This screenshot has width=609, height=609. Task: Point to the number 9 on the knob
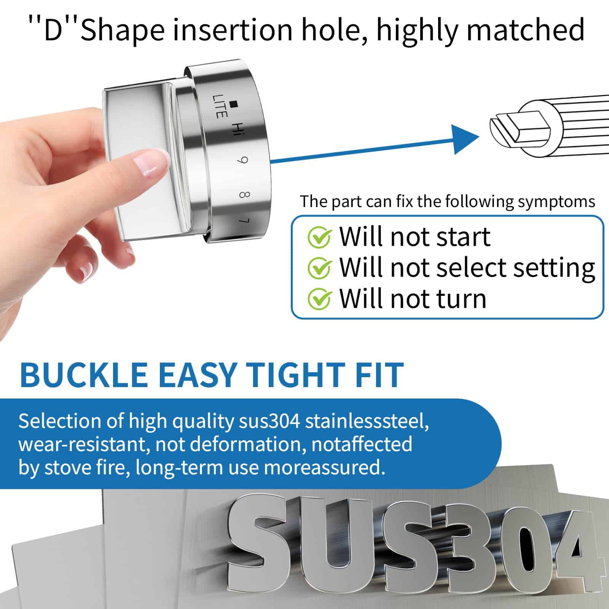click(242, 160)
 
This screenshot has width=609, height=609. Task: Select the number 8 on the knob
click(244, 195)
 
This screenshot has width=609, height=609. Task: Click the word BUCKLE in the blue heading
click(84, 375)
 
